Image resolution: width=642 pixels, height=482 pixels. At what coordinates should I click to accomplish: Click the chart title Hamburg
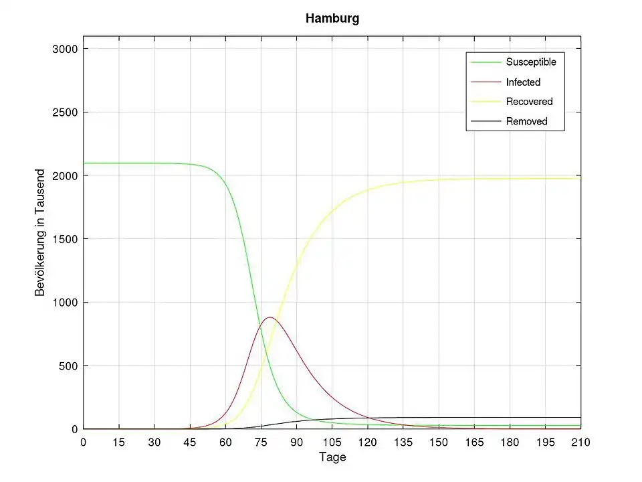click(332, 19)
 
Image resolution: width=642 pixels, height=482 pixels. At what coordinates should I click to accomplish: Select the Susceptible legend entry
click(531, 62)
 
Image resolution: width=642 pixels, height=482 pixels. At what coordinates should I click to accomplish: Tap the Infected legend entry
click(523, 82)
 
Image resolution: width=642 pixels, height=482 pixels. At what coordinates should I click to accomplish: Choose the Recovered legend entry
click(529, 102)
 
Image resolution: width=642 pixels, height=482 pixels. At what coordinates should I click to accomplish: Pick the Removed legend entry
click(526, 121)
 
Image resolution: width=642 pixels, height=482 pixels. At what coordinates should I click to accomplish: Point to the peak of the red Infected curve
click(269, 317)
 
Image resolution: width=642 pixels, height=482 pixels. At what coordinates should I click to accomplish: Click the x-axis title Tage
click(332, 458)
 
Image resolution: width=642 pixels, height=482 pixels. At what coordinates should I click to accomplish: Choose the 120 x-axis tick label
click(367, 443)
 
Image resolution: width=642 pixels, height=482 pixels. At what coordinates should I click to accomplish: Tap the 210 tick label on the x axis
click(580, 443)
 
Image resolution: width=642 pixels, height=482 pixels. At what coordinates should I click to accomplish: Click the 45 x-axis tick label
click(190, 443)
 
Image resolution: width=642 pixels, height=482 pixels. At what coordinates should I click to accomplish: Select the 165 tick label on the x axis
click(474, 443)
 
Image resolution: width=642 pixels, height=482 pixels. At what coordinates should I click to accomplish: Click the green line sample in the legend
click(486, 62)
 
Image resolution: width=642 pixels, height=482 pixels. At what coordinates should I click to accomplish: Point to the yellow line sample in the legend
click(486, 102)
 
